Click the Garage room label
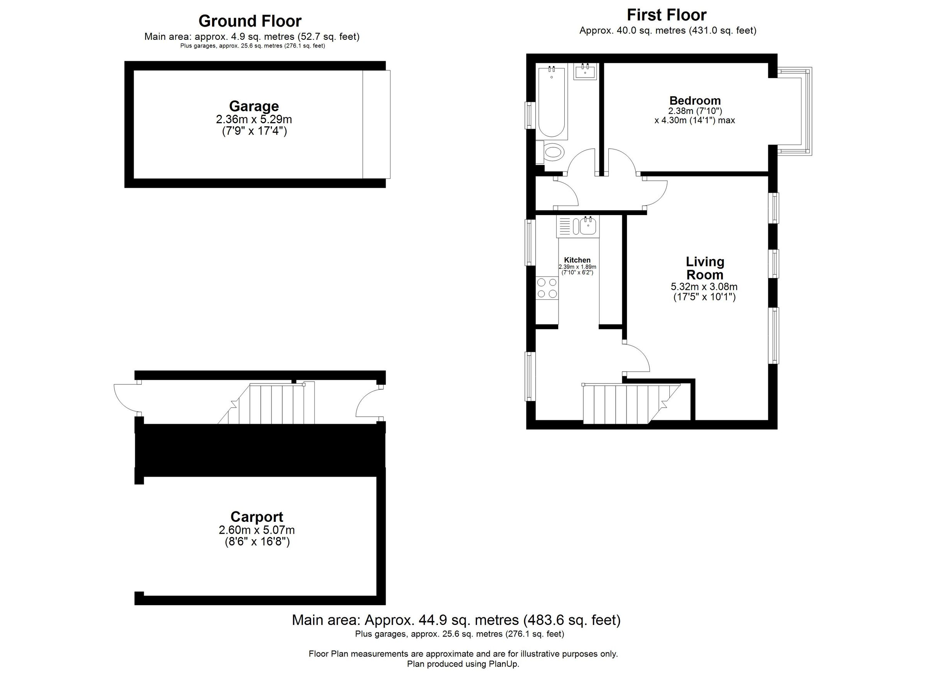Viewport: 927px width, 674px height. (254, 106)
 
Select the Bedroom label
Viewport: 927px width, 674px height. (694, 100)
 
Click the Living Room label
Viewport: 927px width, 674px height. (704, 268)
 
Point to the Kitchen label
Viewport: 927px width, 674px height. (577, 260)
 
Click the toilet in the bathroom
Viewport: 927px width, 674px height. (553, 153)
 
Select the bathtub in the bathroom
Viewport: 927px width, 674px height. (552, 102)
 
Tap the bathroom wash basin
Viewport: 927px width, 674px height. (585, 72)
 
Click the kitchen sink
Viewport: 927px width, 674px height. (588, 226)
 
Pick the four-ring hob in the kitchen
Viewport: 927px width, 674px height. (547, 288)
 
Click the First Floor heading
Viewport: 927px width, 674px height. (666, 15)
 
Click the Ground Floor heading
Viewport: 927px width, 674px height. (250, 21)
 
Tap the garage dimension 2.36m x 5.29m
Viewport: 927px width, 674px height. (254, 120)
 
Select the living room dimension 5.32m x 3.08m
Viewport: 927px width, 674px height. (704, 287)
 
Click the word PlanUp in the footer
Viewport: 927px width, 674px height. (503, 664)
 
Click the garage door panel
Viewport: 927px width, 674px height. (376, 124)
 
